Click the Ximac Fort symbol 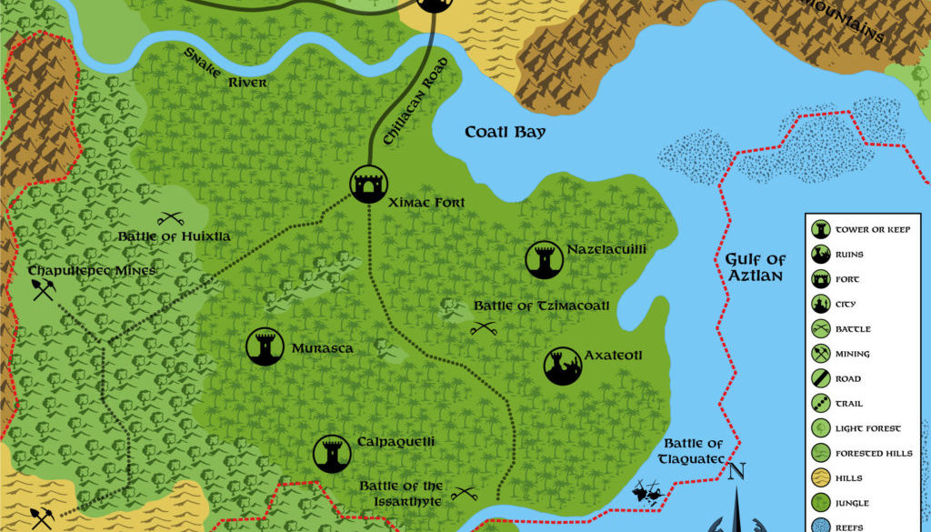pos(369,185)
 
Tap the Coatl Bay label pos(506,132)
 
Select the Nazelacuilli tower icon pos(545,260)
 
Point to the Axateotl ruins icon pos(563,366)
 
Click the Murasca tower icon pos(265,346)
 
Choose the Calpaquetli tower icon pos(332,453)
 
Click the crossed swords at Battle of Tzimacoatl pos(483,327)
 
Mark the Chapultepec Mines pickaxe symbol pos(43,289)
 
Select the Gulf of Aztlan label pos(755,267)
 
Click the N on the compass pos(737,471)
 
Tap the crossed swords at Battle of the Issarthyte pos(465,495)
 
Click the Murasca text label pos(322,347)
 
